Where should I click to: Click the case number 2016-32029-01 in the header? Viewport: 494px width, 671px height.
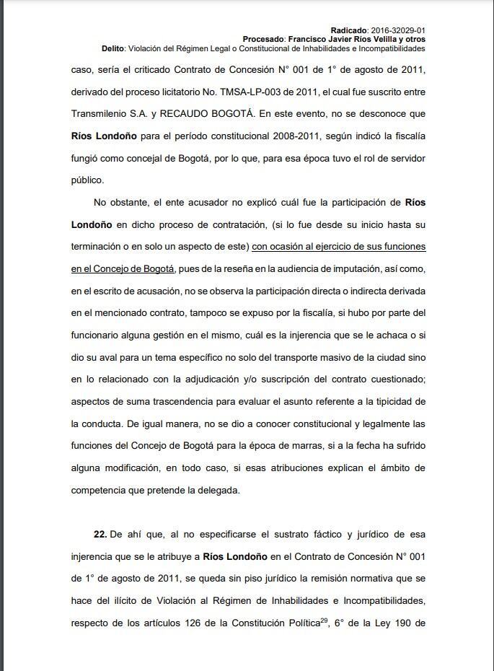coord(397,29)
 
